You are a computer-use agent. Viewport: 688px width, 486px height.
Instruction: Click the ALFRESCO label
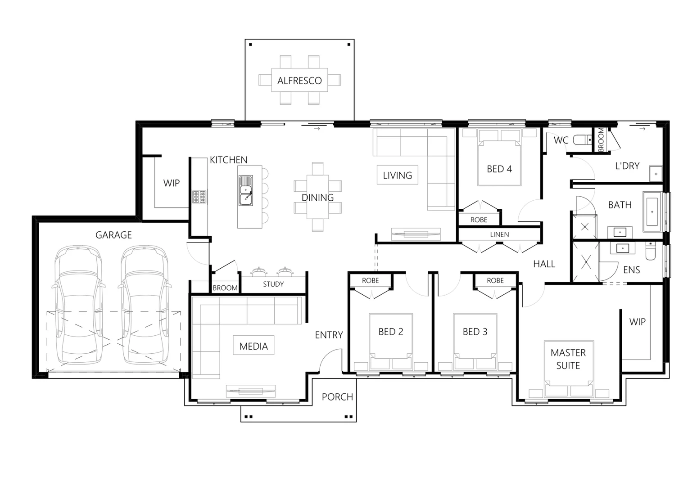pos(299,81)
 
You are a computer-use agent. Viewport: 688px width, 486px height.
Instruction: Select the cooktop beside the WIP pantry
pos(199,197)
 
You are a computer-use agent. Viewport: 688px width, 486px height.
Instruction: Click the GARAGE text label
pos(113,234)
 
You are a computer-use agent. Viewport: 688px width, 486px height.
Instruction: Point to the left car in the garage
pos(78,306)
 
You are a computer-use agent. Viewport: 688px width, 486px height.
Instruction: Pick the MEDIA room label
pos(253,346)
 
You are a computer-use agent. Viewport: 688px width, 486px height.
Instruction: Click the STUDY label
pos(273,284)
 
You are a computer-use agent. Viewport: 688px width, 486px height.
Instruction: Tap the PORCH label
pos(337,396)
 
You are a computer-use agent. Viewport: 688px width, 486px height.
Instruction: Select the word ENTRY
pos(329,335)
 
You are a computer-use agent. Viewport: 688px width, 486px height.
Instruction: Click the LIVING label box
pos(397,175)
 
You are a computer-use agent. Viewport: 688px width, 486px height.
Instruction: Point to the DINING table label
pos(317,197)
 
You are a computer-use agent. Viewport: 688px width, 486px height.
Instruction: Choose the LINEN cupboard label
pos(499,234)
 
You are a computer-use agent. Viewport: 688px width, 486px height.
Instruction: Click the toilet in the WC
pos(583,140)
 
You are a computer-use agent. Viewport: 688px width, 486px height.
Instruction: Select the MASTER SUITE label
pos(568,359)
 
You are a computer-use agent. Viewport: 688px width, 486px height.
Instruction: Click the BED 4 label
pos(499,169)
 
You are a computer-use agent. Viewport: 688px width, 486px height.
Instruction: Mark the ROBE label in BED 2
pos(370,280)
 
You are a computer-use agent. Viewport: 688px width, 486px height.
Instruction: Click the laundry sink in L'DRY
pos(656,174)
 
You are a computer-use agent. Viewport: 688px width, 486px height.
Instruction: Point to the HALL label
pos(544,264)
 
